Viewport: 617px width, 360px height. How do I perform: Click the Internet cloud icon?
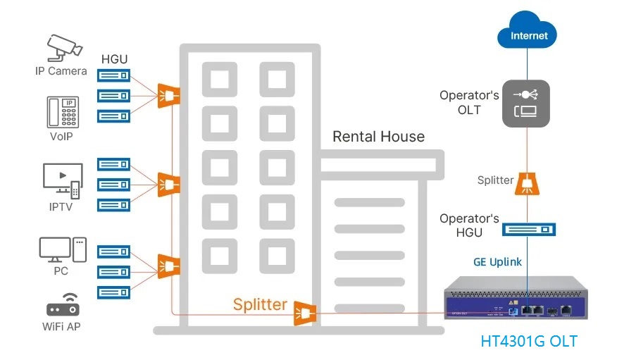coord(527,34)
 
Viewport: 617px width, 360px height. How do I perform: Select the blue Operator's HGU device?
coord(528,230)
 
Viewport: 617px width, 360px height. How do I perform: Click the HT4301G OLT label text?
coord(528,342)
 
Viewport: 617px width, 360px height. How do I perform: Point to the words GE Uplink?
coord(497,262)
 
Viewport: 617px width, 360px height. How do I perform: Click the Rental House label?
coord(378,137)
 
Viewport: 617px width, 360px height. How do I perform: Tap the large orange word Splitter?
coord(261,304)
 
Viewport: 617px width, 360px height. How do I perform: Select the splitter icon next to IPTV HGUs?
coord(168,185)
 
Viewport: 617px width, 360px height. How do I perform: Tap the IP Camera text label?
coord(61,71)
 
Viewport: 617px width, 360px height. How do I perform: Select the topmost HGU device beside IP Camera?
coord(113,75)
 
